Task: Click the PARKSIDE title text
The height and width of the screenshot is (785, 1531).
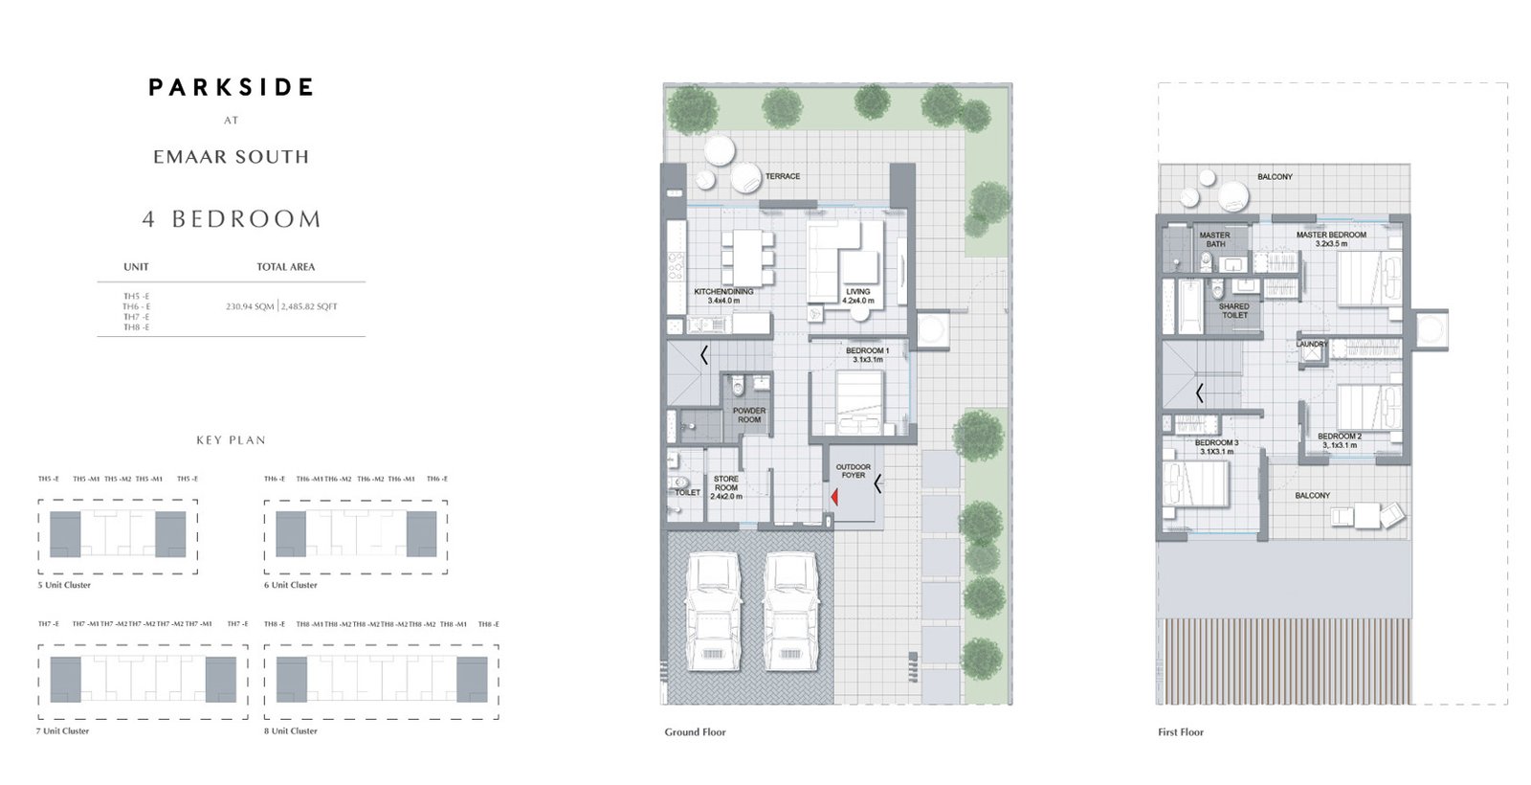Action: tap(231, 88)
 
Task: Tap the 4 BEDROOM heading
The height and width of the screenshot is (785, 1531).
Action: tap(232, 219)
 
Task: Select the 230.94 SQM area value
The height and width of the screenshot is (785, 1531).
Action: tap(250, 306)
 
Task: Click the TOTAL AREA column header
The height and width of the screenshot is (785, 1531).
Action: tap(285, 267)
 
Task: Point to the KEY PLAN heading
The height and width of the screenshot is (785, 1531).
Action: tap(231, 440)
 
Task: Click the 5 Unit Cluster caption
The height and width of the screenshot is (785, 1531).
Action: tap(64, 585)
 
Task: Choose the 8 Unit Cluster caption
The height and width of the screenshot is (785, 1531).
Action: tap(291, 730)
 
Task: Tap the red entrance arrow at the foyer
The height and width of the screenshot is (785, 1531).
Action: tap(834, 497)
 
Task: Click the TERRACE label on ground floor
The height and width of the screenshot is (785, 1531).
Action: tap(782, 176)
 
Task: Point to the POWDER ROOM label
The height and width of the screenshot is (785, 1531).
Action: tap(749, 415)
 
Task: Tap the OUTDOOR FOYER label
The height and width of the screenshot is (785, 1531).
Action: tap(853, 471)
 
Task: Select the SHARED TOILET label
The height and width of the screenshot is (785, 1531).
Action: tap(1234, 310)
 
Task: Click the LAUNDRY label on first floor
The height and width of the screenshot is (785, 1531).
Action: tap(1311, 344)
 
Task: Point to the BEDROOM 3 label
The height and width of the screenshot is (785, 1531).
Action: tap(1216, 446)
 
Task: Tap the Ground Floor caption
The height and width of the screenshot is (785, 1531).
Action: tap(695, 732)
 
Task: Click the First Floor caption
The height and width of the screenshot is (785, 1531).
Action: tap(1181, 732)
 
